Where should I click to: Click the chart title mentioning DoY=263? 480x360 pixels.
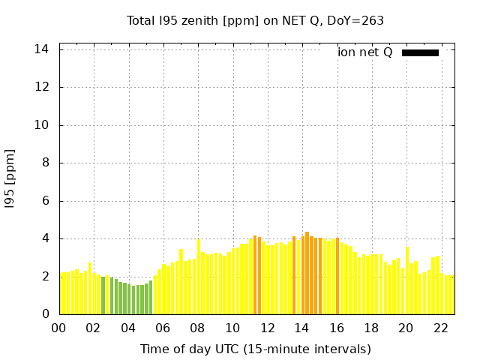click(x=255, y=20)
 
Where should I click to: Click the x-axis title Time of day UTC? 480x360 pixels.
click(x=255, y=349)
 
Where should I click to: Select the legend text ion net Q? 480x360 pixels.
click(x=364, y=52)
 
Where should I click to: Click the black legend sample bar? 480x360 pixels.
click(x=420, y=52)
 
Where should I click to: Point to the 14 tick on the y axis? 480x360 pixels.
click(x=42, y=49)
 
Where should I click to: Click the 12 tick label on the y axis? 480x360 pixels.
click(x=42, y=87)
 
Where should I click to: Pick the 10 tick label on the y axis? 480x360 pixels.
click(x=42, y=125)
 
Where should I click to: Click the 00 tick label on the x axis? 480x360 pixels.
click(x=59, y=328)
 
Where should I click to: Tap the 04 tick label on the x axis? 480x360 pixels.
click(x=128, y=328)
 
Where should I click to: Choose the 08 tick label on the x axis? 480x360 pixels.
click(x=197, y=328)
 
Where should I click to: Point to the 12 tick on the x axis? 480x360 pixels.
click(x=267, y=328)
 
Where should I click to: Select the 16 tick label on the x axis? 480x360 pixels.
click(x=336, y=328)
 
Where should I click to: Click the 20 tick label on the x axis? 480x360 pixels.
click(x=406, y=328)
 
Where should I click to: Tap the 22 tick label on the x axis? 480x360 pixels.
click(x=440, y=328)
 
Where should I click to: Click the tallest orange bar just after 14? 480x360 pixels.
click(x=307, y=274)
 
